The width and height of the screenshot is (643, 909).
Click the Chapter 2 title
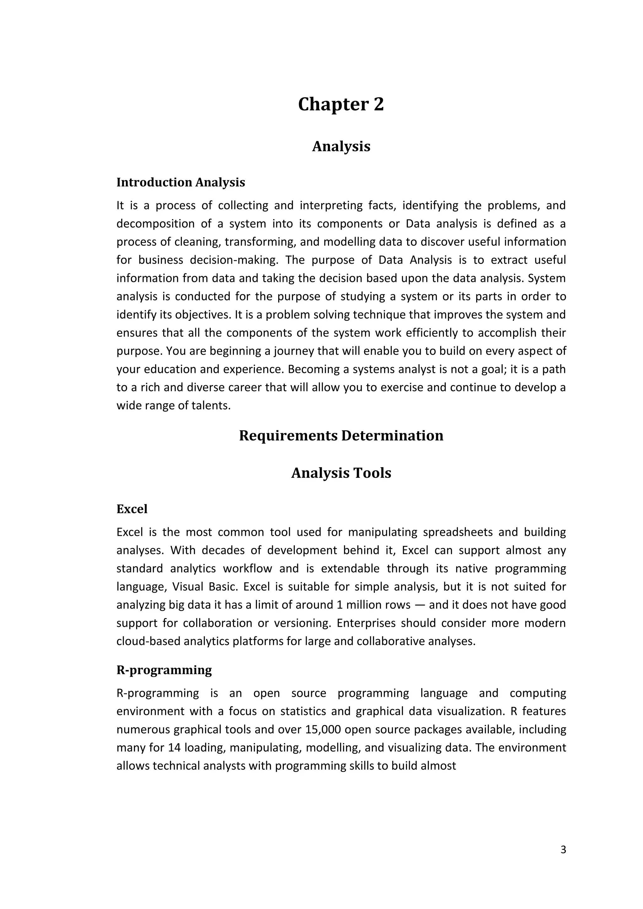point(341,105)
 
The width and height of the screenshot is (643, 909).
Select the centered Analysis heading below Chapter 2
point(341,147)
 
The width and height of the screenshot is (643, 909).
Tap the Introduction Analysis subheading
point(181,182)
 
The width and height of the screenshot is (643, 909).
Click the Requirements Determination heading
point(341,435)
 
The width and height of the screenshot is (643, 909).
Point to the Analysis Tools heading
point(341,473)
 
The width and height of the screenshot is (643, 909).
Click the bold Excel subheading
point(132,509)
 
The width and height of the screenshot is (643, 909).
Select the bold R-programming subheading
point(164,670)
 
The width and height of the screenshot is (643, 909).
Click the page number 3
point(563,850)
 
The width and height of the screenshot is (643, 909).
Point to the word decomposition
point(155,224)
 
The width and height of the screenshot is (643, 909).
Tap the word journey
point(293,351)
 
